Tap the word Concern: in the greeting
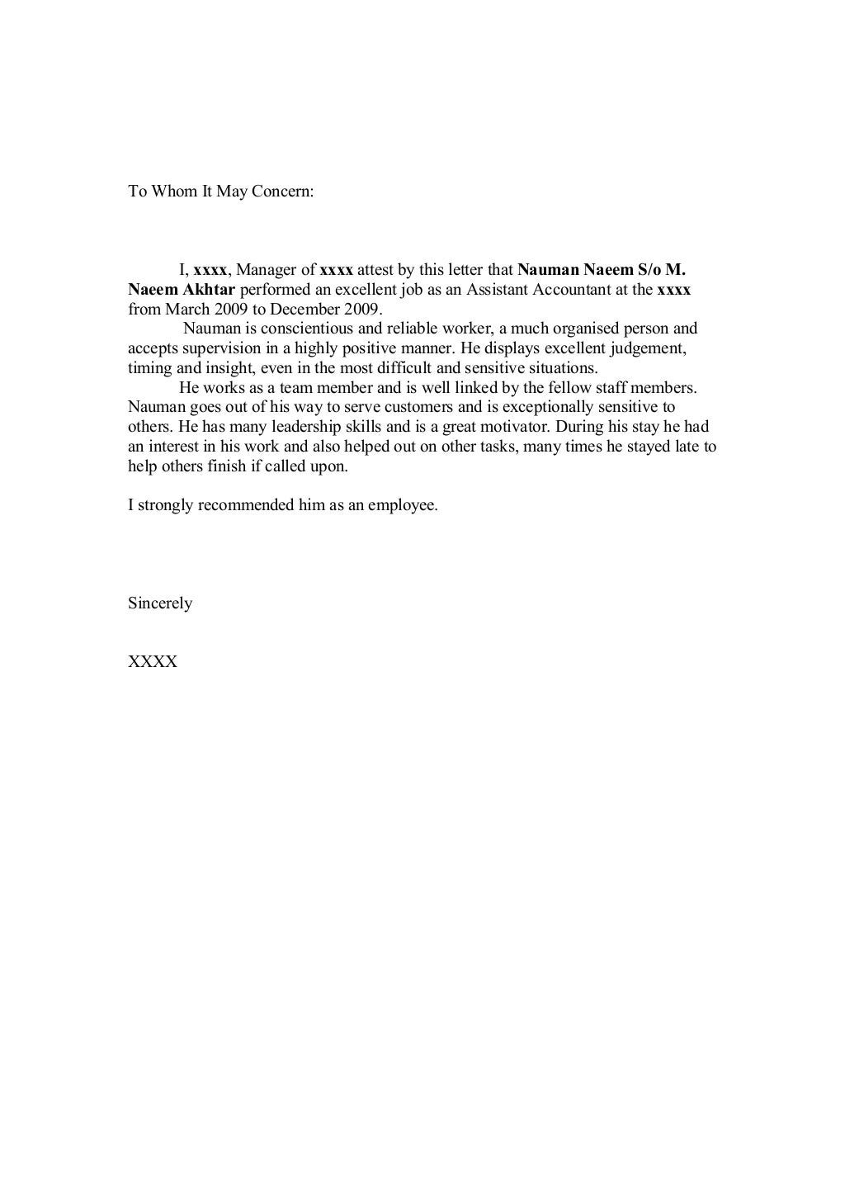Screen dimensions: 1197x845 tap(283, 192)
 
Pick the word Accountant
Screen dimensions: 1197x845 tap(569, 290)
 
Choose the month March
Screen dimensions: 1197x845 tap(188, 310)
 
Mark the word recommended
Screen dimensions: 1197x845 tap(245, 505)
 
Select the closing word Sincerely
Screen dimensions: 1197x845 tap(160, 603)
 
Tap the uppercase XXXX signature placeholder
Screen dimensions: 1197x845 tap(153, 662)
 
